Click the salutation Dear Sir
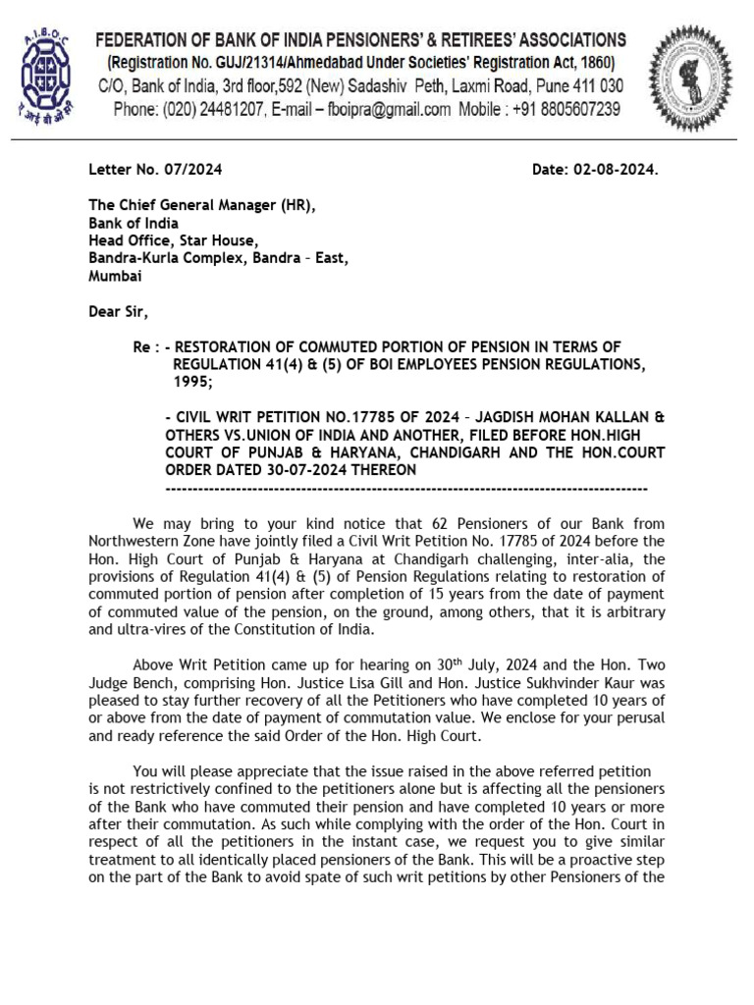pyautogui.click(x=119, y=312)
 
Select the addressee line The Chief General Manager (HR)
pyautogui.click(x=203, y=205)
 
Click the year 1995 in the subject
pyautogui.click(x=193, y=382)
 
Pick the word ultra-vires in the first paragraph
pyautogui.click(x=156, y=629)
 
